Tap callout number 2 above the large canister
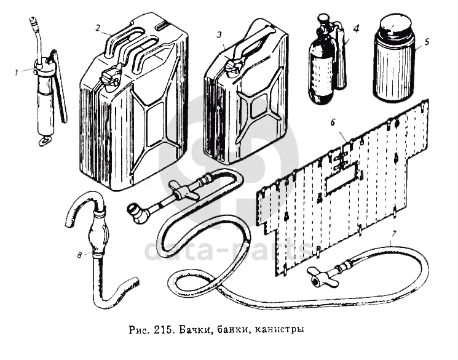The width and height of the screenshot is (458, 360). point(98,27)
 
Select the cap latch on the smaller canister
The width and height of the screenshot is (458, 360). point(232,66)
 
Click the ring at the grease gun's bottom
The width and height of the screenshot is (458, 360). point(44,142)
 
